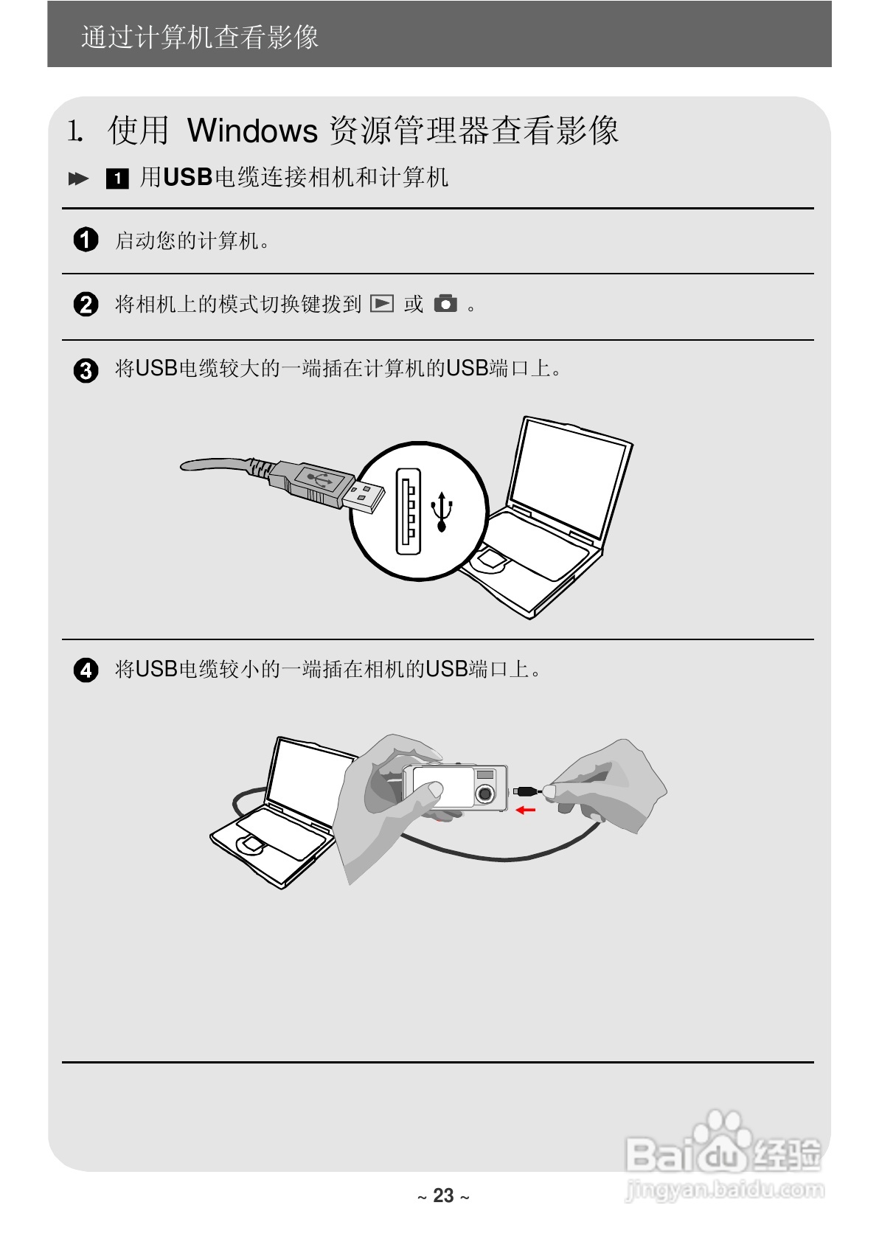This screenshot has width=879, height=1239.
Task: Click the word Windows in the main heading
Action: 252,131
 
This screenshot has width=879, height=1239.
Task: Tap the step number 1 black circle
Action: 86,240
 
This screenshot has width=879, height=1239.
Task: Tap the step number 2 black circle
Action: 86,304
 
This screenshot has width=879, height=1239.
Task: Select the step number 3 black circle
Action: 86,369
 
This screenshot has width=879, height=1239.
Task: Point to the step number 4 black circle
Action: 86,670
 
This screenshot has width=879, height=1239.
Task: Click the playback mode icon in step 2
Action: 382,303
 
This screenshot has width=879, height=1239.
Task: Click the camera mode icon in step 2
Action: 445,303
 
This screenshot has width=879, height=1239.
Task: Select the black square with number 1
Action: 117,178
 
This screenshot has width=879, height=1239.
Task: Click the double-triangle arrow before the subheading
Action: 78,178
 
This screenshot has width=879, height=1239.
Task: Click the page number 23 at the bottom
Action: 443,1195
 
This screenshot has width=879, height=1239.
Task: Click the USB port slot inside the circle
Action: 408,510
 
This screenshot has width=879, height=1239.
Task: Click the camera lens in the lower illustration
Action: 484,794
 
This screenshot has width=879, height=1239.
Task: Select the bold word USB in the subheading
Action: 187,178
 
